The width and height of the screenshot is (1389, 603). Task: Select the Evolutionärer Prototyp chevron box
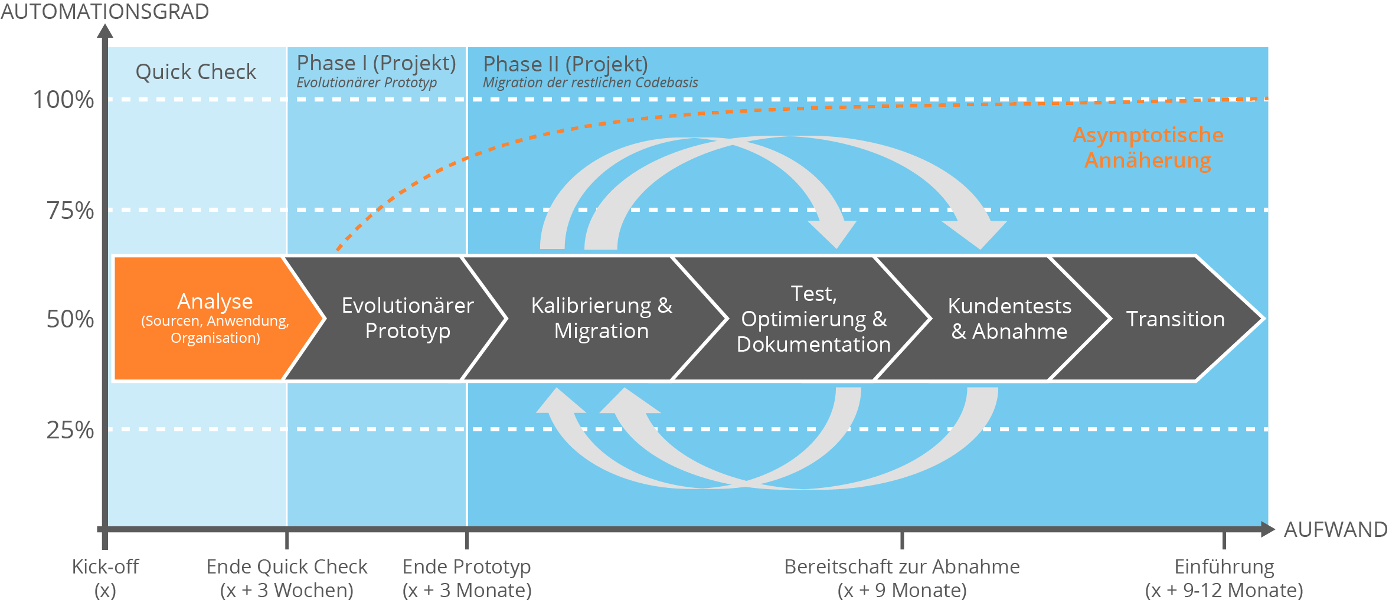(x=407, y=319)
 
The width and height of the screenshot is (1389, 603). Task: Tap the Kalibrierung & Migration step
(x=601, y=319)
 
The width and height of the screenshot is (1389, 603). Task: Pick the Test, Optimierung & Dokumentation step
(x=813, y=319)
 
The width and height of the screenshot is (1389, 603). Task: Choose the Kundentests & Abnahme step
(x=1009, y=319)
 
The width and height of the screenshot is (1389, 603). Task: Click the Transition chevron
(x=1175, y=319)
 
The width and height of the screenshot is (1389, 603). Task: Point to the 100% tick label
(x=63, y=100)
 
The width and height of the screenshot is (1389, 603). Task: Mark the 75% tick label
(x=70, y=211)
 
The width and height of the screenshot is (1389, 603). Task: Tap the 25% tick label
(x=70, y=430)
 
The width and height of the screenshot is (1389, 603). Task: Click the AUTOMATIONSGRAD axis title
(x=104, y=11)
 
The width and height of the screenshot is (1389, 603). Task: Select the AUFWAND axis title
(x=1335, y=529)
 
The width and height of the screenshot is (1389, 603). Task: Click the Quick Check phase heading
(x=195, y=72)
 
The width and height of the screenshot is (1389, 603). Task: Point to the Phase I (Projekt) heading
(x=376, y=63)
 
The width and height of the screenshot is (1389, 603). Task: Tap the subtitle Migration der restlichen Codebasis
(x=590, y=83)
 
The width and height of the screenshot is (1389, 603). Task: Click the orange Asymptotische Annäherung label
(x=1148, y=148)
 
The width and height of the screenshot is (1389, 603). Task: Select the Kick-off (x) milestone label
(x=105, y=578)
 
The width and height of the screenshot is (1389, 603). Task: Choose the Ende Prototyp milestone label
(x=466, y=578)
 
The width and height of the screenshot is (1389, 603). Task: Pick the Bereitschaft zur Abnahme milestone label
(x=901, y=578)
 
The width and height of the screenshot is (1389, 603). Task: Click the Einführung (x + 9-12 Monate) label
(x=1224, y=578)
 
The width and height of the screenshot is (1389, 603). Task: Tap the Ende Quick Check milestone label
(x=287, y=578)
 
